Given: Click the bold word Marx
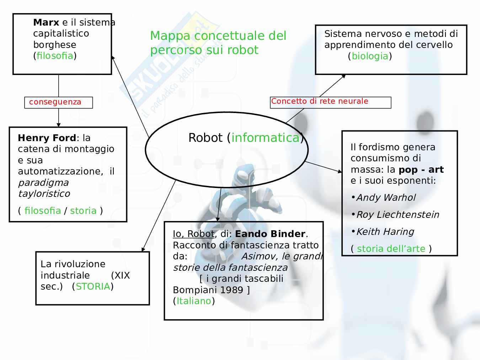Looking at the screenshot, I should [x=46, y=22].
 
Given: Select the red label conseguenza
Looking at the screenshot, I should [x=55, y=102].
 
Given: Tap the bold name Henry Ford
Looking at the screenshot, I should [x=47, y=138].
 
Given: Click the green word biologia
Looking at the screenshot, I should [x=370, y=56].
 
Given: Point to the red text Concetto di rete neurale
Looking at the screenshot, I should [x=320, y=101].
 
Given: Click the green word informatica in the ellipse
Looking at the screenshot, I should [x=265, y=138].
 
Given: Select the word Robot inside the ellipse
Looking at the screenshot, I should [x=206, y=138].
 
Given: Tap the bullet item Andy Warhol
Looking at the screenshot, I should [x=386, y=198].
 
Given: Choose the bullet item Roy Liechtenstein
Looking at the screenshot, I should [x=398, y=215].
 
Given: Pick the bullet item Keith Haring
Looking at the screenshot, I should [x=385, y=232].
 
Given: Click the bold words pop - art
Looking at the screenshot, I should [x=421, y=170].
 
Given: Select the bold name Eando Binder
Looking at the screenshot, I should [x=270, y=234].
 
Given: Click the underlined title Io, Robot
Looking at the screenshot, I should [x=194, y=234].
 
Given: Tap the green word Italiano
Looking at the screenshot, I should [x=194, y=301].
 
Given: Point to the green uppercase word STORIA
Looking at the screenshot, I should [x=93, y=286].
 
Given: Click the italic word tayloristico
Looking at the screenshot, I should [x=44, y=194].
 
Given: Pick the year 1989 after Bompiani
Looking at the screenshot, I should [x=231, y=290].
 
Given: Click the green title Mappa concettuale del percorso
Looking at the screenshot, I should [x=218, y=43].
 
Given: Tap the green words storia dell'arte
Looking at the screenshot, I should [x=391, y=249].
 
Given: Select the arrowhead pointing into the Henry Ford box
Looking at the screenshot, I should [x=59, y=125].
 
